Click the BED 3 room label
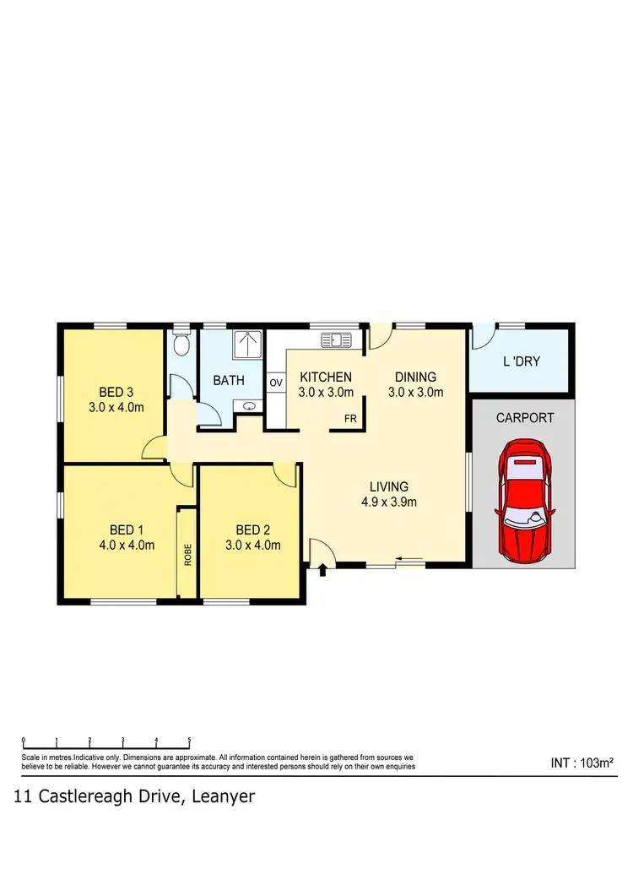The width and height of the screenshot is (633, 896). click(116, 392)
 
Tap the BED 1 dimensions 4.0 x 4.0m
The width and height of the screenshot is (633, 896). click(127, 545)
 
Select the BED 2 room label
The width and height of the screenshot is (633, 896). click(253, 530)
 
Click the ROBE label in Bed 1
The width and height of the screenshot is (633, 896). click(187, 553)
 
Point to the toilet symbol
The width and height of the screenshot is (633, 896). click(179, 345)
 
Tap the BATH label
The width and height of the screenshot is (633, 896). click(229, 381)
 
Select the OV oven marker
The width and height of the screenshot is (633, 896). click(276, 383)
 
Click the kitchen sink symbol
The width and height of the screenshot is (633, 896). click(336, 340)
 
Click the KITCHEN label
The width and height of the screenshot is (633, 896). click(326, 377)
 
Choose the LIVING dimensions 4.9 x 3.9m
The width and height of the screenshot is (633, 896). click(389, 502)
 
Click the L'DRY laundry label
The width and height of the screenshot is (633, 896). click(521, 361)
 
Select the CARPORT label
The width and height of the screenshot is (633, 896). click(525, 417)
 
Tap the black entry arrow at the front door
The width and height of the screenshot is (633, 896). click(323, 572)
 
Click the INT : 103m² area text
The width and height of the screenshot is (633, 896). click(582, 763)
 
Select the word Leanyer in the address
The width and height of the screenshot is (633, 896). click(224, 796)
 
